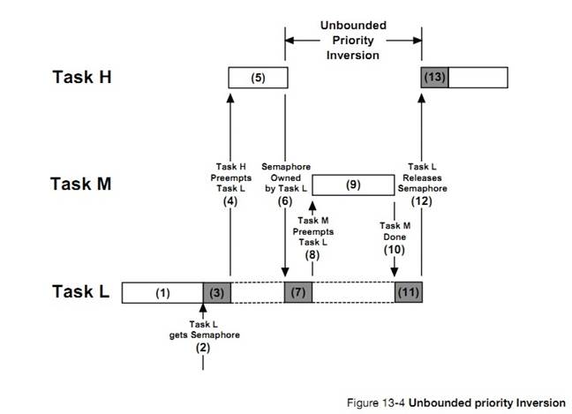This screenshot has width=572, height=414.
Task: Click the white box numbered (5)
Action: [x=259, y=77]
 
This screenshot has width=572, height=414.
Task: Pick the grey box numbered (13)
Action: [x=434, y=77]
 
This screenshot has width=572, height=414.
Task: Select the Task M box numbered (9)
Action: [x=353, y=184]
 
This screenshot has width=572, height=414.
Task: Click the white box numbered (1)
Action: [x=162, y=292]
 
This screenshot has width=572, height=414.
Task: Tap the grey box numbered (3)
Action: [x=216, y=292]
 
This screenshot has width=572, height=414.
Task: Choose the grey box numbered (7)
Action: [x=298, y=292]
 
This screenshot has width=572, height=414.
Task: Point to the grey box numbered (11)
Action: [x=408, y=292]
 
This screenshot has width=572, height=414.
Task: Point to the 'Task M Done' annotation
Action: [x=394, y=231]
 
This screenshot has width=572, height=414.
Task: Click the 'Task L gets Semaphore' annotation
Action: [x=204, y=330]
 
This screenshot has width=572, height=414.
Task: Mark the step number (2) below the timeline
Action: [x=204, y=349]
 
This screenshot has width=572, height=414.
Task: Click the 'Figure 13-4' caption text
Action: [x=481, y=403]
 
